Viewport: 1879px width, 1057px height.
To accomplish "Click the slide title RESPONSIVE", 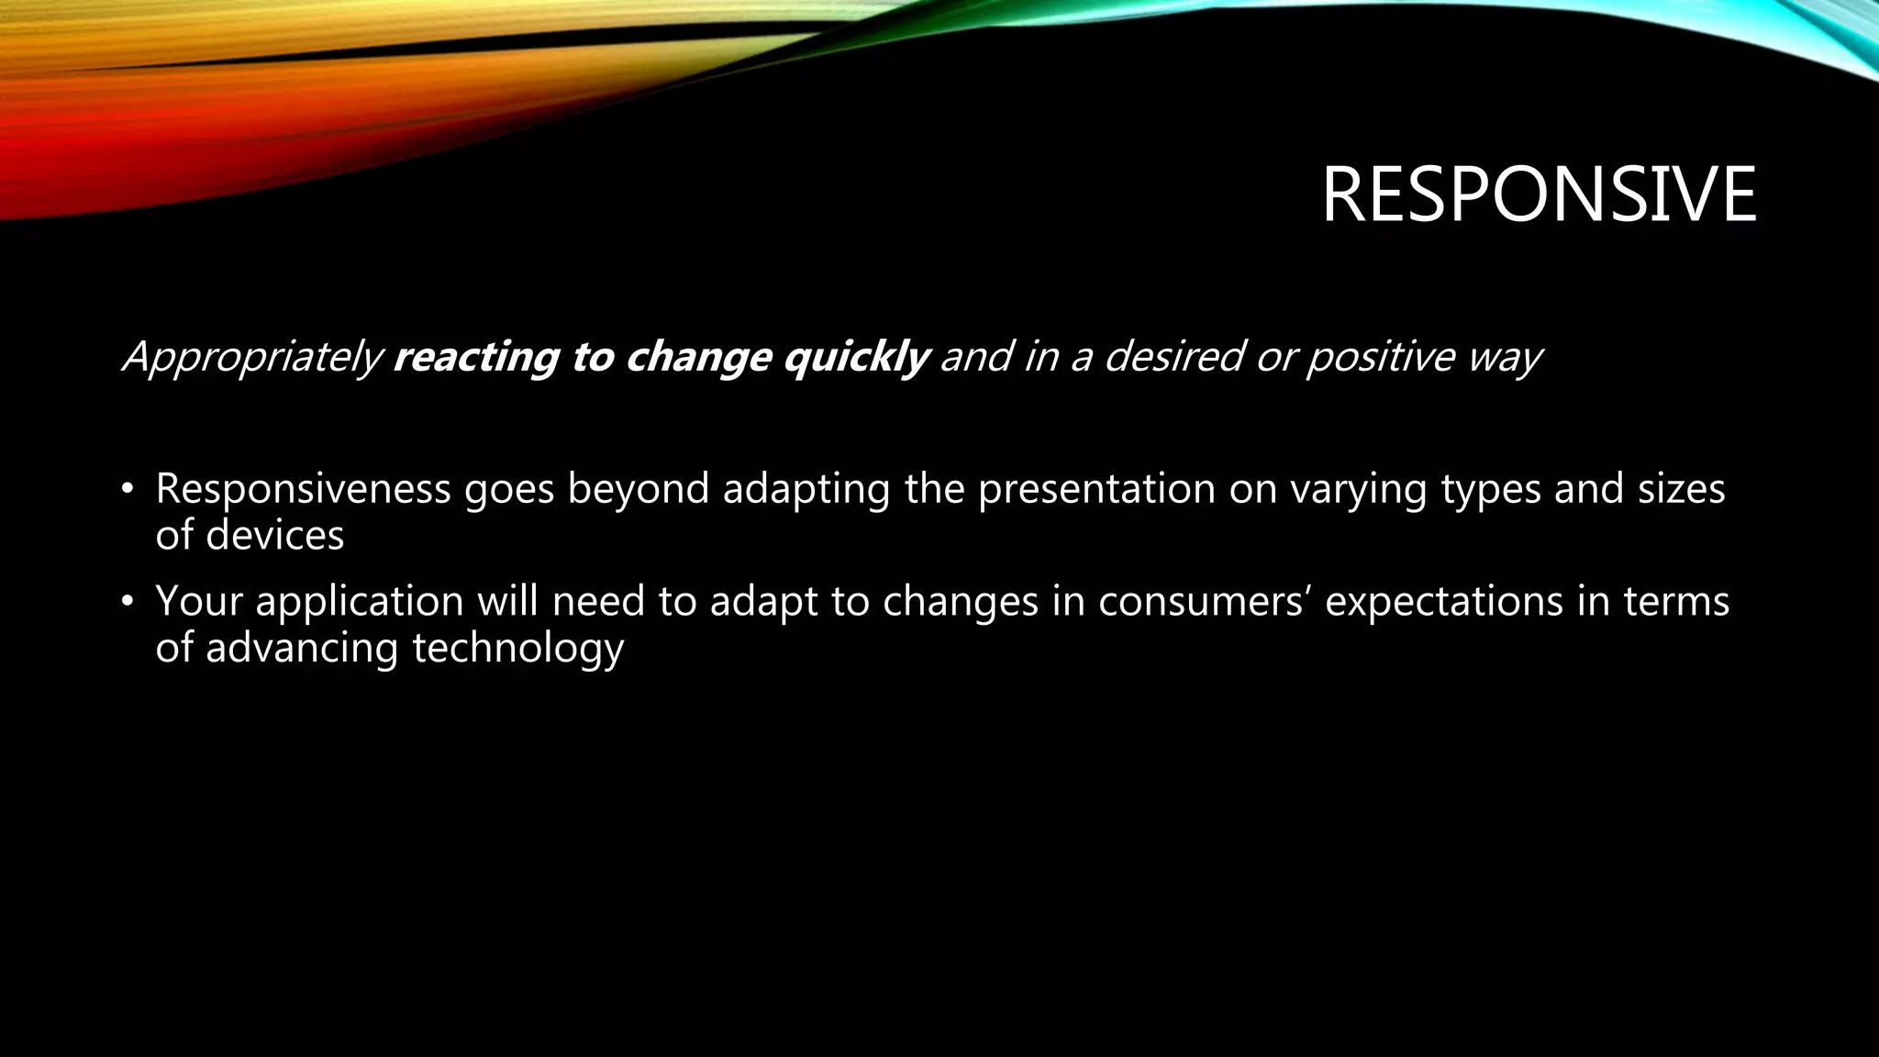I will (1539, 195).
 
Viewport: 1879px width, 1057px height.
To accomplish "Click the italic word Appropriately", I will (252, 357).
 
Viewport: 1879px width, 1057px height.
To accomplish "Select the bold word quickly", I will (856, 357).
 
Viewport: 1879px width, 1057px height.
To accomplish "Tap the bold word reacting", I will (474, 357).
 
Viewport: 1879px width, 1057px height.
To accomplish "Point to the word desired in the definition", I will (1173, 357).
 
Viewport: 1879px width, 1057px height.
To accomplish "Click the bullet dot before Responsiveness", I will (128, 489).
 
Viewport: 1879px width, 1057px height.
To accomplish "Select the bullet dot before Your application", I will (128, 602).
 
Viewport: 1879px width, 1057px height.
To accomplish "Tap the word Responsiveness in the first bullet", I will (303, 489).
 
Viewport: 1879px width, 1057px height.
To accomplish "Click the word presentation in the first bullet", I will (1095, 489).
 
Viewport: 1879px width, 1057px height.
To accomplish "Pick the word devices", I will (274, 535).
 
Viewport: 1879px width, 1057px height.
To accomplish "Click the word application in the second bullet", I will (360, 602).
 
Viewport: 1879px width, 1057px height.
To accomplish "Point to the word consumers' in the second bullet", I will (1205, 602).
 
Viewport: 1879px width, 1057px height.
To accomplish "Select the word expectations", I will (1443, 602).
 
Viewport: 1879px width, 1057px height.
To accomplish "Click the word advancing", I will (301, 649).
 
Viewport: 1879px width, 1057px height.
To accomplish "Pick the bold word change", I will (697, 357).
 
